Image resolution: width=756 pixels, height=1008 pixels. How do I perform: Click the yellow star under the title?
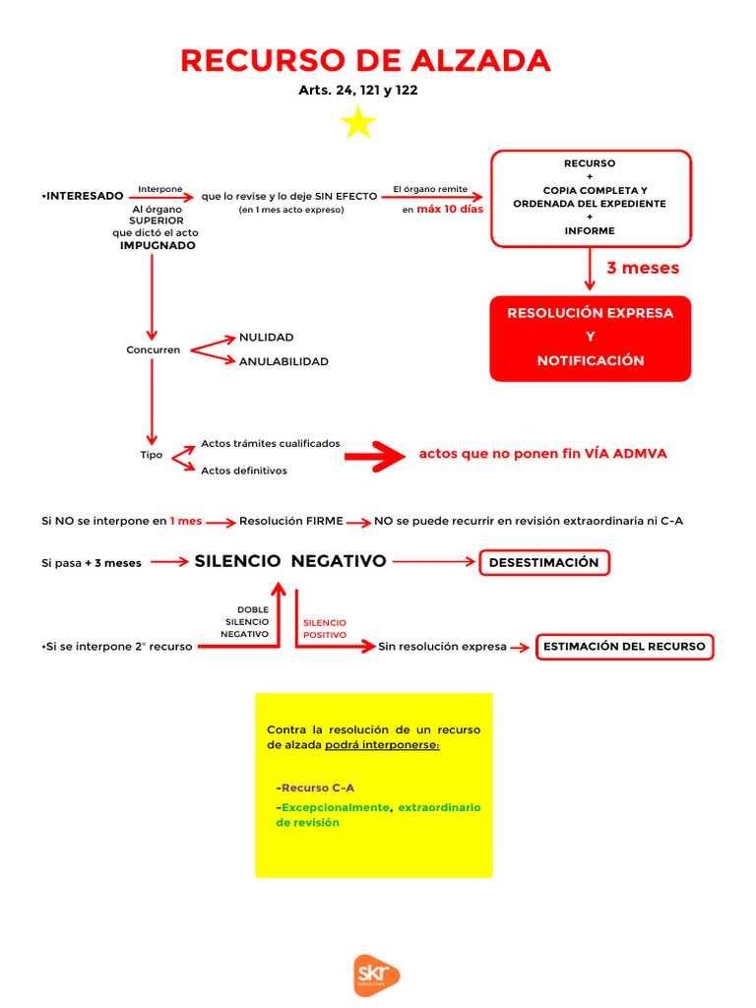pos(358,123)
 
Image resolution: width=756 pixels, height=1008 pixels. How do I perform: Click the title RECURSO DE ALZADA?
pos(365,61)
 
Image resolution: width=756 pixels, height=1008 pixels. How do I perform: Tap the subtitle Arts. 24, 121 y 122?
pos(364,90)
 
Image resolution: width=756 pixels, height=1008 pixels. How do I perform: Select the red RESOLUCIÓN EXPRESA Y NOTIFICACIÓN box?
pos(590,338)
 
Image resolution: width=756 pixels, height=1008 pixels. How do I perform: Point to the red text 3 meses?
pos(642,268)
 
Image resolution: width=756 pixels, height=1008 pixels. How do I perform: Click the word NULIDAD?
pos(266,337)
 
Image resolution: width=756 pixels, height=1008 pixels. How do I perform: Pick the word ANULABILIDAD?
pos(283,361)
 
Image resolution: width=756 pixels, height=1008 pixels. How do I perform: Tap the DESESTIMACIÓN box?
pos(544,562)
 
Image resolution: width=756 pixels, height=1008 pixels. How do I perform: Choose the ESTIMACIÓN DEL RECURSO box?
pos(624,647)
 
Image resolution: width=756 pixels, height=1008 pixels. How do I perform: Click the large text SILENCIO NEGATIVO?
pos(290,561)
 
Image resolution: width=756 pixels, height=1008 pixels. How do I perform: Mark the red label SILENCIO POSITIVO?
pos(325,629)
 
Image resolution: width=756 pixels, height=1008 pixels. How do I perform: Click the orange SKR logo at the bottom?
pos(377,975)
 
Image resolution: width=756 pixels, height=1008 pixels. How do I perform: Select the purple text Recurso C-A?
pos(318,787)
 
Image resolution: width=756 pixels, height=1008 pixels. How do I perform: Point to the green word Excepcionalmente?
pos(336,807)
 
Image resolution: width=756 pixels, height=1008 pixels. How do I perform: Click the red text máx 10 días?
pos(450,209)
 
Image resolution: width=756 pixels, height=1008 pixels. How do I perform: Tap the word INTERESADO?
pos(84,196)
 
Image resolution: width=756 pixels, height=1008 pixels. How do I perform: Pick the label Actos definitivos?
pos(244,471)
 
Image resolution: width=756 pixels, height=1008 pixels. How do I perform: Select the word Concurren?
pos(153,349)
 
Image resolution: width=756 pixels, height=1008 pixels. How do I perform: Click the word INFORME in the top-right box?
pos(590,230)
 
